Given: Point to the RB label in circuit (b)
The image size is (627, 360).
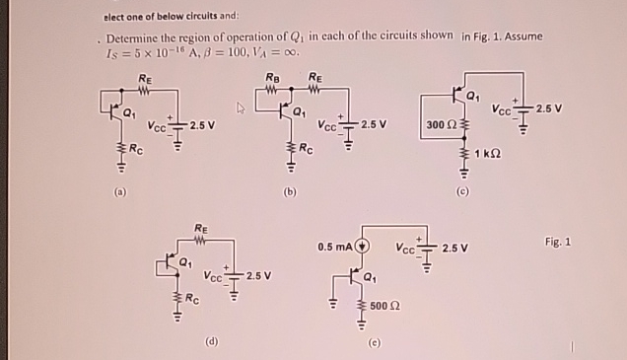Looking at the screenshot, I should point(272,78).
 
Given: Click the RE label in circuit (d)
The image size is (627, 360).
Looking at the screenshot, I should point(201,228).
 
